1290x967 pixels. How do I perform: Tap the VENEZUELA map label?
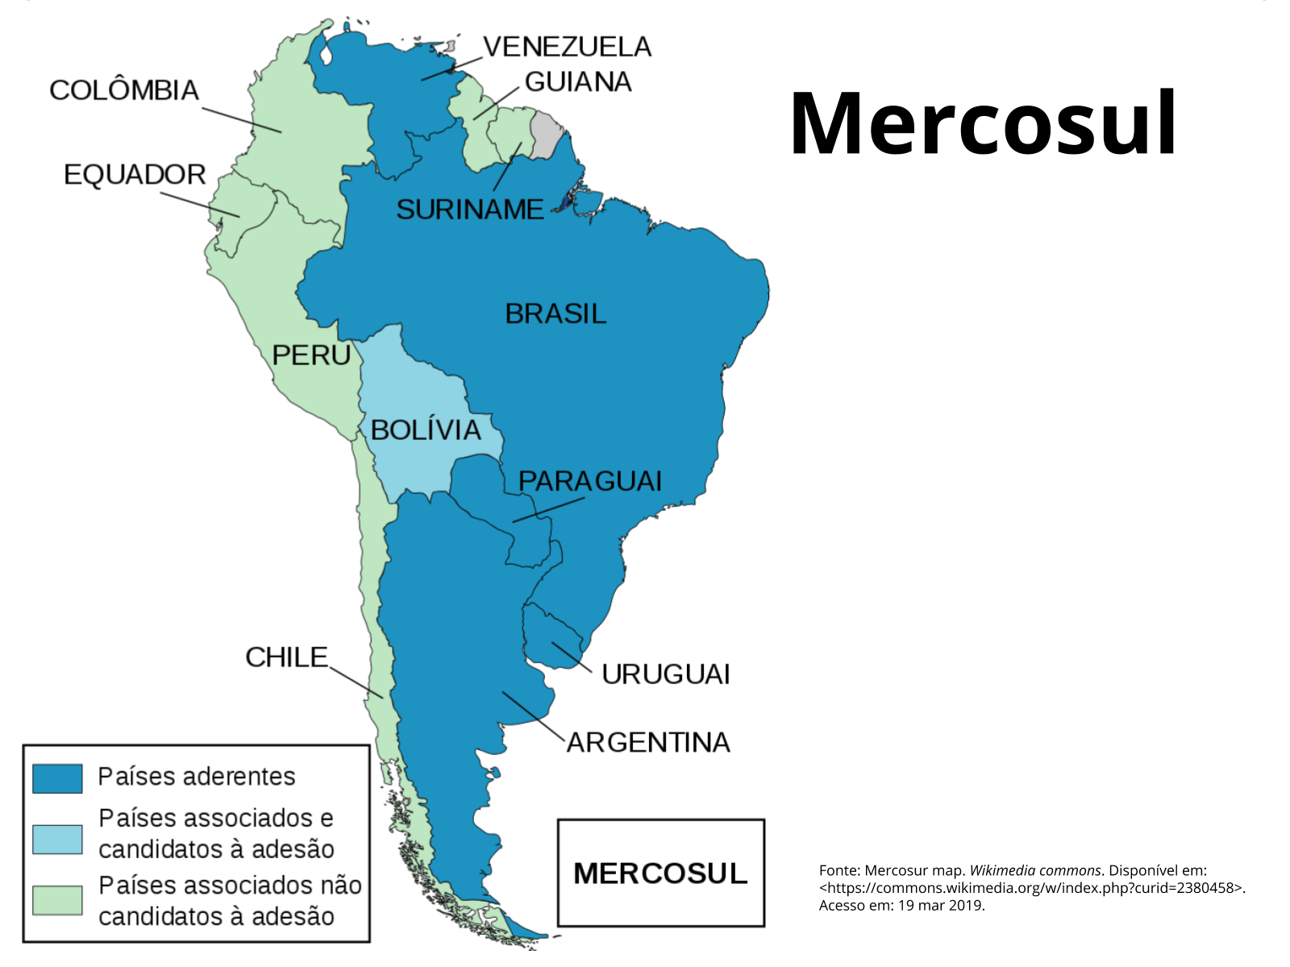pos(567,47)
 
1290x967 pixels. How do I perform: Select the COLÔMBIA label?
pos(124,89)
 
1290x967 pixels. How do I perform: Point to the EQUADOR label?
pos(135,174)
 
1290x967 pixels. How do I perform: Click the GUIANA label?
pos(577,81)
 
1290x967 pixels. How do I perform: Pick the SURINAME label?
pos(470,210)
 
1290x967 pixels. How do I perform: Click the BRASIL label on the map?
pos(556,313)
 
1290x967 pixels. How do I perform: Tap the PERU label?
pos(311,355)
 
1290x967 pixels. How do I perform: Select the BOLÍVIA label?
pos(426,430)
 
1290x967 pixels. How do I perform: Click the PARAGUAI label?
pos(589,481)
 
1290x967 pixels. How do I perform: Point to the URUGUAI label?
pos(666,674)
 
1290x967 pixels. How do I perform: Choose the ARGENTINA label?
pos(648,742)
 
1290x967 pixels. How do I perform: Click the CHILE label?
pos(287,657)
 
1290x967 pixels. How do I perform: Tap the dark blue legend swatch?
pos(57,778)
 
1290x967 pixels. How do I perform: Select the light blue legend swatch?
pos(57,839)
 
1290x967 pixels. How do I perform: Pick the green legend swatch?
pos(57,900)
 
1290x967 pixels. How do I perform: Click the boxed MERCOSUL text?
pos(660,874)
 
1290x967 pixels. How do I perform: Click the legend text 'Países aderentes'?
pos(197,776)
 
